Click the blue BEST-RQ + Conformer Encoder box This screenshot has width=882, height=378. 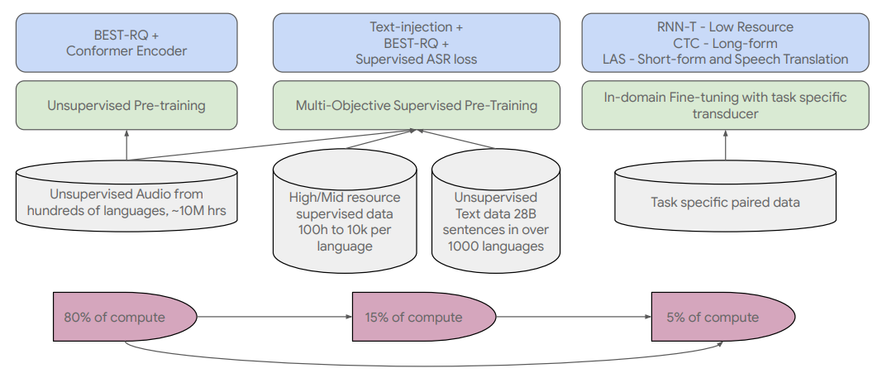[x=126, y=43]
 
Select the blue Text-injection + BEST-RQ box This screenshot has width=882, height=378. [x=417, y=43]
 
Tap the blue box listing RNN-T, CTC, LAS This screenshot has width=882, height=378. [x=726, y=43]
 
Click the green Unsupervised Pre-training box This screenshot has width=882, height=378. [x=126, y=105]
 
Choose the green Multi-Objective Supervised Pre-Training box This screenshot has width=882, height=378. [x=417, y=105]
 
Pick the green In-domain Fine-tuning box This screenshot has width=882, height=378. [x=726, y=105]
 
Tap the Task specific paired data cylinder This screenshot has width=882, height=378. [x=725, y=196]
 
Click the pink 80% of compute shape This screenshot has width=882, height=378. [x=125, y=317]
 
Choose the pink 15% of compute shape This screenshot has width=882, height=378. [x=424, y=317]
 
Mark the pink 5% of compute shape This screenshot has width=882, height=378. [x=723, y=317]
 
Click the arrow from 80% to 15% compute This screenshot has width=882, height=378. [x=274, y=317]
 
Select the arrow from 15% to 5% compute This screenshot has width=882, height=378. [x=574, y=317]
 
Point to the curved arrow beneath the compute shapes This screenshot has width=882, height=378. [x=422, y=365]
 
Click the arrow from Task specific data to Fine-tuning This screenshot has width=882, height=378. [x=725, y=145]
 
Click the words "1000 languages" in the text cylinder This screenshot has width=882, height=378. [x=496, y=246]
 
